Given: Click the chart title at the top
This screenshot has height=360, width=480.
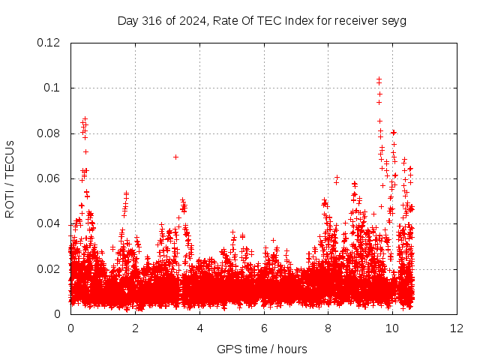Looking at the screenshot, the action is [262, 21].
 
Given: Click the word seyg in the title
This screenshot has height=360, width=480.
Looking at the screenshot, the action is [394, 22].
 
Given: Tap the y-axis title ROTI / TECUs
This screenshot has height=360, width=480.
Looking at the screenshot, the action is [10, 179].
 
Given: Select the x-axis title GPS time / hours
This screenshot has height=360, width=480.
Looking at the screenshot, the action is [262, 349].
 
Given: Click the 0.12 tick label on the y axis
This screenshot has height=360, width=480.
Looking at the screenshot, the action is [48, 43].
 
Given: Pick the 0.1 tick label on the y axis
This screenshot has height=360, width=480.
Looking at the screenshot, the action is [52, 88].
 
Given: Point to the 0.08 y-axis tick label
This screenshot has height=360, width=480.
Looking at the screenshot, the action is [48, 133].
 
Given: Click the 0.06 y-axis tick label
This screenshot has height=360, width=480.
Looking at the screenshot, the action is [48, 178].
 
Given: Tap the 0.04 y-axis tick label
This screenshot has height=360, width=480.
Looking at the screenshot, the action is [48, 223].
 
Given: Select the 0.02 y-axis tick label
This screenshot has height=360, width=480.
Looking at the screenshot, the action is [48, 269].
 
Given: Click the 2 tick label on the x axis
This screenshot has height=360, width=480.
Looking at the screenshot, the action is [135, 328].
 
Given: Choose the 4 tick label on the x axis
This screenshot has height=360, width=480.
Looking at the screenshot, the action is [200, 328].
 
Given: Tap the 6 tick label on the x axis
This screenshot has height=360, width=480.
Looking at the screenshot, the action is [264, 328].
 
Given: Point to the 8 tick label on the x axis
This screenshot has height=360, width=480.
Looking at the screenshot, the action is [328, 328].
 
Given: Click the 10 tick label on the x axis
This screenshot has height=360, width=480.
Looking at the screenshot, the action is [392, 328].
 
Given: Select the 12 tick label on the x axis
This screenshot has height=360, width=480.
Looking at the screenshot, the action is [457, 328].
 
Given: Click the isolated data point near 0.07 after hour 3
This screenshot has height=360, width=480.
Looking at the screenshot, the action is [175, 157].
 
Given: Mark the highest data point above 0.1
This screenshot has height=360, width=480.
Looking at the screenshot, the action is [379, 79].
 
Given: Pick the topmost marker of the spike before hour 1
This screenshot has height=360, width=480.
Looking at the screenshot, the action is [85, 118].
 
